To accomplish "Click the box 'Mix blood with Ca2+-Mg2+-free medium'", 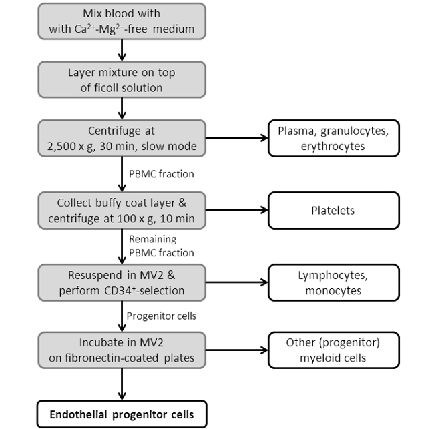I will (122, 20).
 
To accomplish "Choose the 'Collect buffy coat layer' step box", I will (122, 209).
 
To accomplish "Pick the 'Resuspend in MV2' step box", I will (122, 282).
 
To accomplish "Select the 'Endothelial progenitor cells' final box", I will (122, 414).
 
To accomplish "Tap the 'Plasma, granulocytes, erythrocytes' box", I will (334, 138).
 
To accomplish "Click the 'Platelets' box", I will (334, 210).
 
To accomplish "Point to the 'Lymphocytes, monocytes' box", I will (334, 282).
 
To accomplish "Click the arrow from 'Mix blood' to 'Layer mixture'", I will (122, 49).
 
